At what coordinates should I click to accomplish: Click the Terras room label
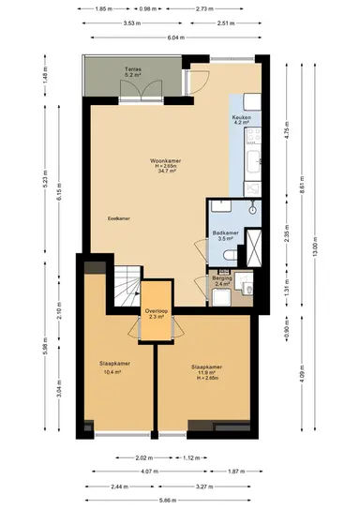pos(133,70)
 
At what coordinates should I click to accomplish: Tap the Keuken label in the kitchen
pos(242,117)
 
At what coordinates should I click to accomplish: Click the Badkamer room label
pos(223,232)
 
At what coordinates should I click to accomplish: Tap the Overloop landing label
pos(157,311)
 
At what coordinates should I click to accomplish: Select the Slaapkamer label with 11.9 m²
pos(204,367)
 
